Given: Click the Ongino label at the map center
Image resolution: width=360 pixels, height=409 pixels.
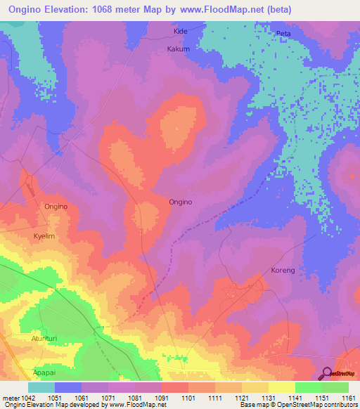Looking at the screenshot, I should click(181, 202).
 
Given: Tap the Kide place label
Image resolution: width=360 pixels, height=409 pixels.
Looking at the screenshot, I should click(181, 32).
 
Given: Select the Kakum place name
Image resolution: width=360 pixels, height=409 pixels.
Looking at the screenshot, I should click(179, 49).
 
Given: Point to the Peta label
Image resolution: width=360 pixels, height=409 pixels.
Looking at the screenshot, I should click(283, 33).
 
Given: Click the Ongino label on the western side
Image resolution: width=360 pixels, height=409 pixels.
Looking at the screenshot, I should click(56, 207).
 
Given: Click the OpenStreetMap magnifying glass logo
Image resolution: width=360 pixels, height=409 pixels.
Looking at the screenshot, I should click(327, 373).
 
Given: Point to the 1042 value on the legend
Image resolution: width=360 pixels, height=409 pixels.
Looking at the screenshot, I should click(23, 397).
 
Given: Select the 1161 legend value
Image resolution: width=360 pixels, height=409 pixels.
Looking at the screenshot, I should click(349, 397).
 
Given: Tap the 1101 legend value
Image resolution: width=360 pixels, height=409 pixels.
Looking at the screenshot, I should click(188, 397).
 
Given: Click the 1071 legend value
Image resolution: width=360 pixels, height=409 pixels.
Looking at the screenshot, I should click(109, 397).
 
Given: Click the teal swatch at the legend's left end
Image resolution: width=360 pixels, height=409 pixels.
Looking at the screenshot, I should click(41, 387).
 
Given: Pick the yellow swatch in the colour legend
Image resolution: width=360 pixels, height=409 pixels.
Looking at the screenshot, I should click(281, 387).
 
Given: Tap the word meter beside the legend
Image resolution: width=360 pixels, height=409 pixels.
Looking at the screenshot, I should click(8, 397).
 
